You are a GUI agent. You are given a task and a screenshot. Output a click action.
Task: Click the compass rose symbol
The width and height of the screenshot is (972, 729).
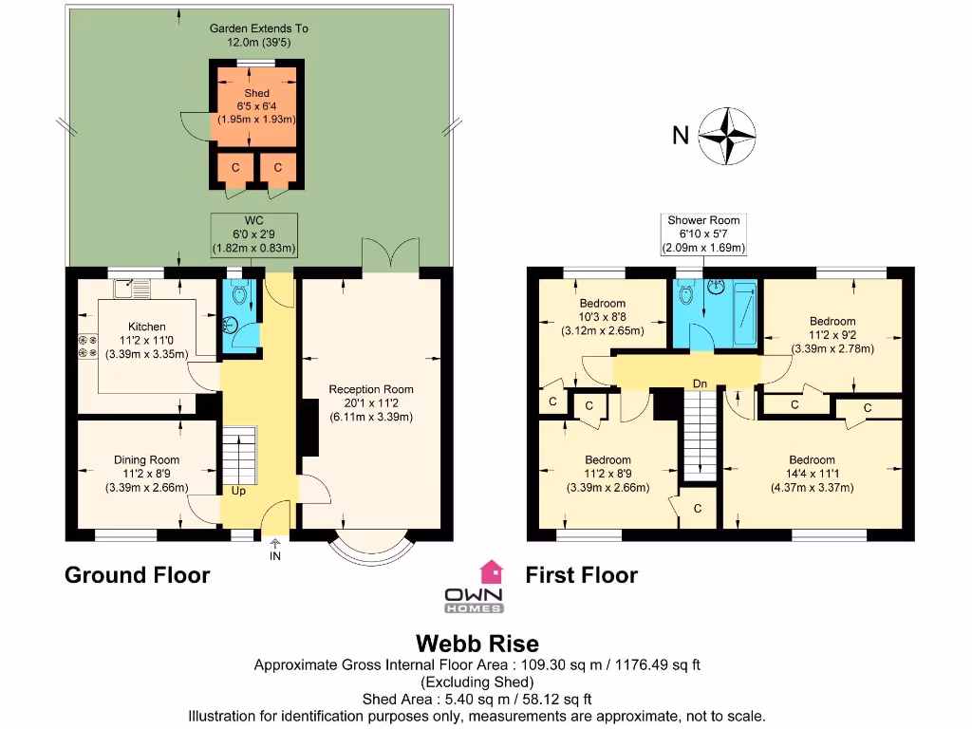click(x=727, y=135)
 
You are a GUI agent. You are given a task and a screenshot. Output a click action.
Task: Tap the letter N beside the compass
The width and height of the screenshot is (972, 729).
click(x=680, y=136)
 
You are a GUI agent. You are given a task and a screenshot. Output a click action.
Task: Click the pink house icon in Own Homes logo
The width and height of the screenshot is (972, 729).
click(x=491, y=570)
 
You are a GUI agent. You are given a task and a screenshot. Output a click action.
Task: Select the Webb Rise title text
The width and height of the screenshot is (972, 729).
click(x=477, y=645)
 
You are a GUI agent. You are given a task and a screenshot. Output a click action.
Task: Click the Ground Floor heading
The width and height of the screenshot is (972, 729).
click(x=137, y=574)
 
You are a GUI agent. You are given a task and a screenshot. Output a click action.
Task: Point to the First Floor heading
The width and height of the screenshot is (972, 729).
click(x=581, y=574)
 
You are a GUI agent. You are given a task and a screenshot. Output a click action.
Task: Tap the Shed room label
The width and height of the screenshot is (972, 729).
click(x=256, y=94)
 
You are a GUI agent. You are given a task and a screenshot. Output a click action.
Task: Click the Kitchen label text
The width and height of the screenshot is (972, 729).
click(x=147, y=327)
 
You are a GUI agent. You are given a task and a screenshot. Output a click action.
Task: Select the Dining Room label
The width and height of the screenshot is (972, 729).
click(x=146, y=459)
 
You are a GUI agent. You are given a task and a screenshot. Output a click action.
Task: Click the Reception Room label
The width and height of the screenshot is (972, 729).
click(x=371, y=389)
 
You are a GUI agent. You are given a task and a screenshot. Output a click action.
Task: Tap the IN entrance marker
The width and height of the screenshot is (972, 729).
click(x=275, y=556)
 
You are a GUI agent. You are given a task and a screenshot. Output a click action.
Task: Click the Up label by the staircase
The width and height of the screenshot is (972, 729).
click(x=238, y=492)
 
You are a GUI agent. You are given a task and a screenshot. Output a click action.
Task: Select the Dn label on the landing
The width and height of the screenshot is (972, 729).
click(x=700, y=383)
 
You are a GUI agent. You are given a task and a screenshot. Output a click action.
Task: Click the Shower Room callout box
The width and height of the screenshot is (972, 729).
click(x=703, y=234)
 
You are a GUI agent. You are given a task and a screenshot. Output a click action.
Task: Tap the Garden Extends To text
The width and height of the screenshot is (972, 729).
click(x=258, y=28)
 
